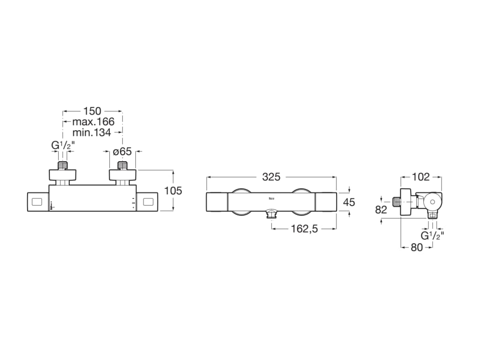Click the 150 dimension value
tap(92, 111)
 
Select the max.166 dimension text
tap(93, 122)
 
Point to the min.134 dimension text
tap(91, 133)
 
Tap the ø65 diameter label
tap(122, 151)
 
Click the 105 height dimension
tap(173, 191)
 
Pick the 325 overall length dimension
tap(271, 177)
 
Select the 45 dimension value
tap(349, 202)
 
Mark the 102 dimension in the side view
tap(420, 177)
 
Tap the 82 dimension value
tap(381, 210)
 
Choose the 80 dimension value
tap(417, 248)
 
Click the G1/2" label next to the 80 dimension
tap(432, 235)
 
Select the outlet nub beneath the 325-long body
tap(271, 215)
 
